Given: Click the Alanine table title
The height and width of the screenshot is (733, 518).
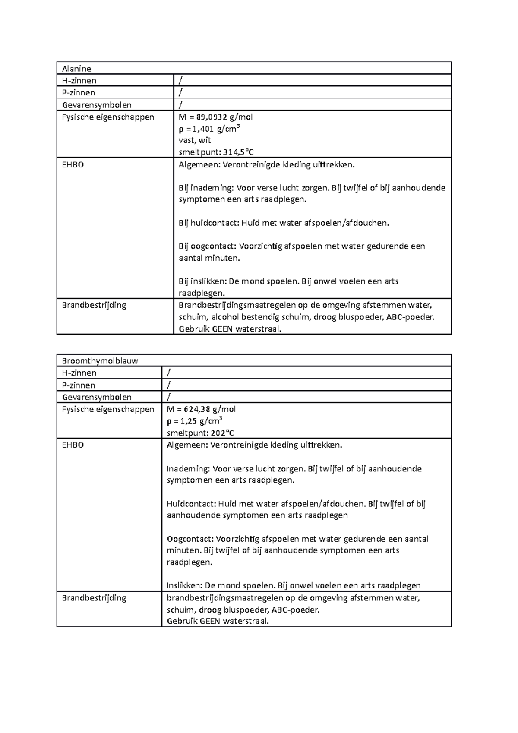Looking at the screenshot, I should point(76,68).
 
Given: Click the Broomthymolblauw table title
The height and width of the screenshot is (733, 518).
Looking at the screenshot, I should point(100,361).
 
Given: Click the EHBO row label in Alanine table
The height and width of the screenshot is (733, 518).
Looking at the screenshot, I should point(73,165).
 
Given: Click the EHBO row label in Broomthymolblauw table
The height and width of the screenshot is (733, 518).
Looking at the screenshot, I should point(73,445).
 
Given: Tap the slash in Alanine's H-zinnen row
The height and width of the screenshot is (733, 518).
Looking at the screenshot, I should point(181,80).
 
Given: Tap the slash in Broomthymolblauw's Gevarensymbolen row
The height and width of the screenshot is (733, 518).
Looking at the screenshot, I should point(169,397).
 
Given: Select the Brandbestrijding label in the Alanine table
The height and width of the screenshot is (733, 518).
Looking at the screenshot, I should point(94,305).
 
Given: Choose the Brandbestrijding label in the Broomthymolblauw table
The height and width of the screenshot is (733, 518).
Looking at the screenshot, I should point(94,598).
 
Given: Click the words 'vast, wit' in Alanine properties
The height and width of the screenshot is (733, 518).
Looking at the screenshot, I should point(195,140).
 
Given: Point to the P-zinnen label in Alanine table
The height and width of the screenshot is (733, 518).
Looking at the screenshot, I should point(79,92).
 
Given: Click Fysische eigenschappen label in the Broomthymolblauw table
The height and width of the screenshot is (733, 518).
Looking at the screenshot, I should point(108,409).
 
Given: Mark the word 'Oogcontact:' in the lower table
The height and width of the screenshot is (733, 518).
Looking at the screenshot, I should point(190,539).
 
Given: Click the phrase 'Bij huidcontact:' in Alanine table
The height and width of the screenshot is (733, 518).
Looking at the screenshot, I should point(208,223).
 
